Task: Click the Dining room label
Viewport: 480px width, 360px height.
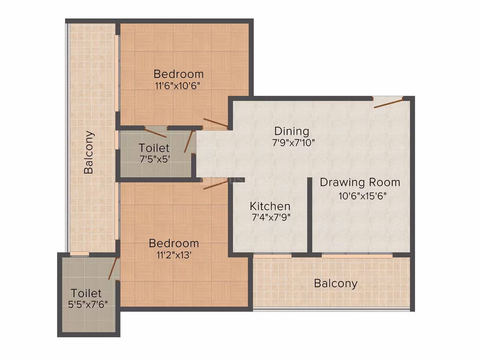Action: [291, 131]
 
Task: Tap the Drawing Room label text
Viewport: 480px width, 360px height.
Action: [360, 182]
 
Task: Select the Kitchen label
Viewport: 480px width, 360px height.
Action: [270, 206]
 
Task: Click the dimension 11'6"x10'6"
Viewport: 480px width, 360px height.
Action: [178, 86]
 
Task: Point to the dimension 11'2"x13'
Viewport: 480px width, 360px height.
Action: [174, 255]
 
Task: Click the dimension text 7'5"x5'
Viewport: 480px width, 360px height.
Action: [155, 159]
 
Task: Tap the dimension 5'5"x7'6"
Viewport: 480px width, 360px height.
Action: [88, 304]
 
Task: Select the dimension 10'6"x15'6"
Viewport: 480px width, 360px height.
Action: [362, 196]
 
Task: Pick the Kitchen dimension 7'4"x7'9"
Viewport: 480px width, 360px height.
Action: [271, 217]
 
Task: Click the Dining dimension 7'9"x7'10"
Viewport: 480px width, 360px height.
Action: [293, 143]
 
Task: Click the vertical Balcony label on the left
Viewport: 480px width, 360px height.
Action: [89, 152]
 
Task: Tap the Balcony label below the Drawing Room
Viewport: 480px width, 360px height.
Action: [336, 283]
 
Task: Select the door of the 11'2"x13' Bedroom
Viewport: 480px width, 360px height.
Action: [216, 185]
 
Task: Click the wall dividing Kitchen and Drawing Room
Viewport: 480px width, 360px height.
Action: [310, 215]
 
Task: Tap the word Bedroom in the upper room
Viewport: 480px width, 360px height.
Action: [178, 74]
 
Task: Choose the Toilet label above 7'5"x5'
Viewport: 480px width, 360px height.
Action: [154, 148]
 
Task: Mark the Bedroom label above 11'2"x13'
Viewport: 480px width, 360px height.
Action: [174, 243]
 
